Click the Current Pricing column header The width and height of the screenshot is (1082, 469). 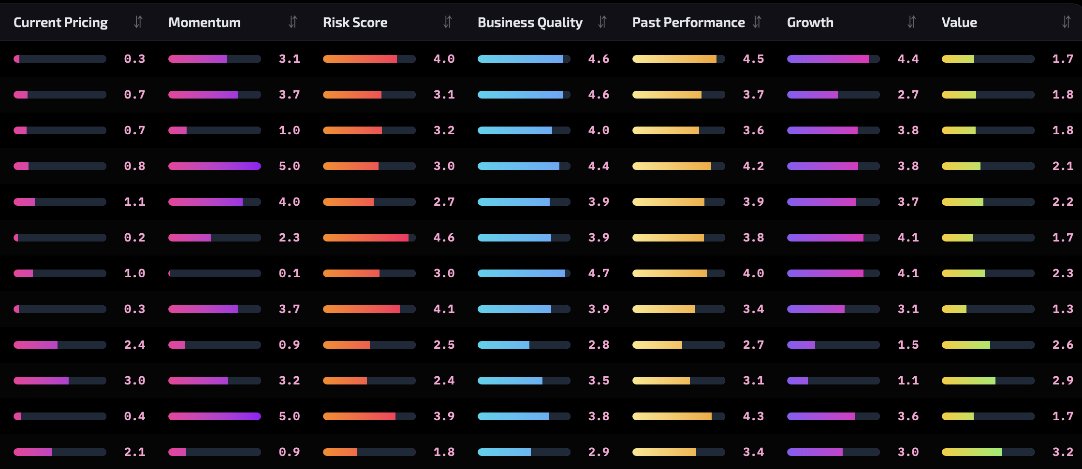coord(60,23)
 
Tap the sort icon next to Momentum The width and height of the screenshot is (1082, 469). coord(292,22)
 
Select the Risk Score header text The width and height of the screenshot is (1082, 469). coord(355,23)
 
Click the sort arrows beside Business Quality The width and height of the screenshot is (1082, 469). coord(602,22)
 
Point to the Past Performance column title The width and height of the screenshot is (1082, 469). coord(688,23)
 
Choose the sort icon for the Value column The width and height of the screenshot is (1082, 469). coord(1066,22)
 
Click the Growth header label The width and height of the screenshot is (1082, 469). coord(810,23)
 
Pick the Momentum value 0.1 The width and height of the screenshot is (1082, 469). coord(289,273)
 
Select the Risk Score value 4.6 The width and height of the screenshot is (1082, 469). coord(444,238)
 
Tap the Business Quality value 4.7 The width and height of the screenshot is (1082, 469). coord(599,273)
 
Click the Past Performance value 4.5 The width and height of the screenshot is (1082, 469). coord(753,59)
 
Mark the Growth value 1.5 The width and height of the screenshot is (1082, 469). coord(908,345)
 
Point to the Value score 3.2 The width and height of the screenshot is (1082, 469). coord(1063,452)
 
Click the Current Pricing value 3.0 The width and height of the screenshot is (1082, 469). coord(134,381)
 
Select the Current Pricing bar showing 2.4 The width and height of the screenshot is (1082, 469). coord(60,345)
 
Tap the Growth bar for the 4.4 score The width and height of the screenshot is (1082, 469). coord(833,59)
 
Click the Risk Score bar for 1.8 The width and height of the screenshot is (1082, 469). coord(369,452)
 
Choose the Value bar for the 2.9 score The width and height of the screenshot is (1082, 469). coord(988,381)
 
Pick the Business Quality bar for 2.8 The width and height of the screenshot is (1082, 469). coord(524,345)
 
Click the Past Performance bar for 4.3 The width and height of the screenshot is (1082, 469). coord(678,416)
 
